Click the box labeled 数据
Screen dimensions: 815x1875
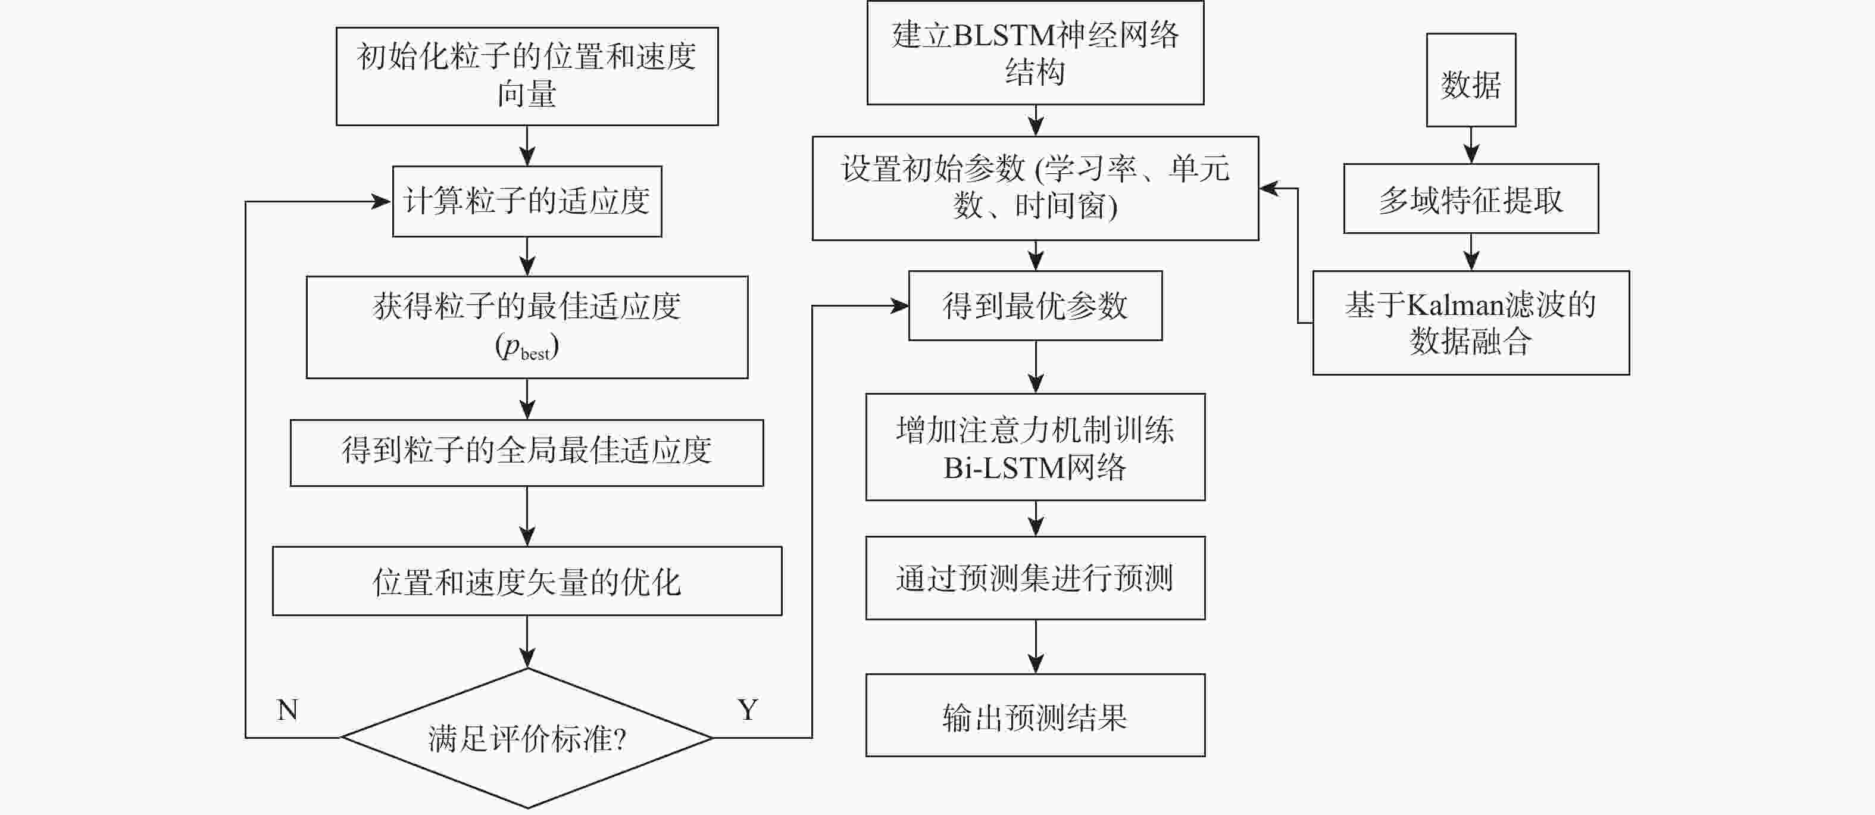(1470, 80)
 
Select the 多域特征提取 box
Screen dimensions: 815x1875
(1470, 199)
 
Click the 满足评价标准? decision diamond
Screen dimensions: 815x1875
(527, 738)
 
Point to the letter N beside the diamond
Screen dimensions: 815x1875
(287, 710)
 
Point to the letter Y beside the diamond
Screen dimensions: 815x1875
(748, 710)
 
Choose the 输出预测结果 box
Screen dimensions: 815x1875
(1035, 716)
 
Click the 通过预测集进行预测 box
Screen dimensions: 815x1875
(1035, 578)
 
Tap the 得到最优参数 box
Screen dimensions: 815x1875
(1035, 305)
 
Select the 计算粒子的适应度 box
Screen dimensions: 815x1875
(527, 201)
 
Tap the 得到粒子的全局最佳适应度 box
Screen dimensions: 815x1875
(527, 452)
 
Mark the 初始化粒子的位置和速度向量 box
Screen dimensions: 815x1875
(527, 76)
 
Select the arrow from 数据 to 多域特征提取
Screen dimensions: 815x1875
(1471, 145)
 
